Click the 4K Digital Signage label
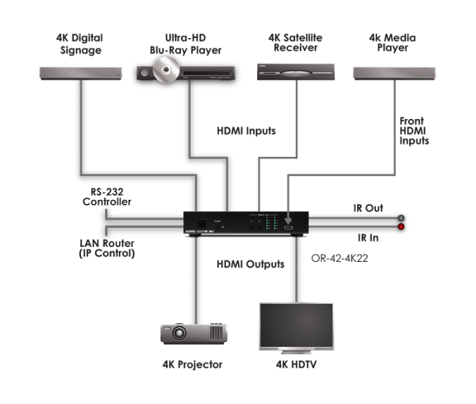(x=80, y=43)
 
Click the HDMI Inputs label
(x=246, y=131)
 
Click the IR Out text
(x=368, y=208)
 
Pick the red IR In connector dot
(x=401, y=226)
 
